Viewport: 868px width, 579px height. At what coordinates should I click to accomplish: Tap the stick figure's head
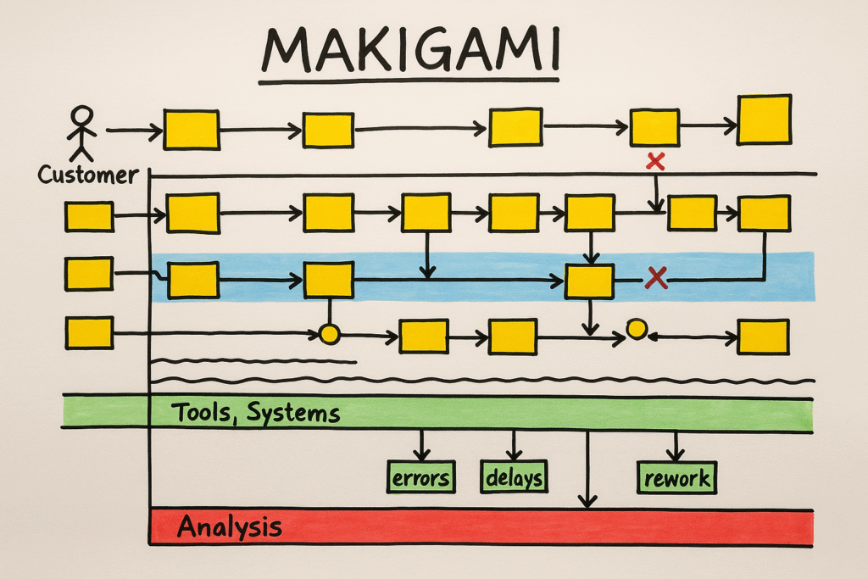click(81, 116)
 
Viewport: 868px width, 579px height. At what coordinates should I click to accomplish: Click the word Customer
click(87, 175)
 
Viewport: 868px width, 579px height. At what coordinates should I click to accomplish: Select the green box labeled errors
click(420, 477)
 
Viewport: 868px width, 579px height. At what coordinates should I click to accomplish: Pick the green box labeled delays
click(514, 477)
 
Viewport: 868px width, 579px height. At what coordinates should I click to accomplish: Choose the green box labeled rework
click(676, 477)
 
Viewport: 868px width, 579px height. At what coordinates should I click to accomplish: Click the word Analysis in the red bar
click(229, 527)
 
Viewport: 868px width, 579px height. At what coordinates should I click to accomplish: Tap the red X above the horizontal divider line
click(654, 161)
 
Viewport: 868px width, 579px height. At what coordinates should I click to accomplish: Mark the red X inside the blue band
click(654, 276)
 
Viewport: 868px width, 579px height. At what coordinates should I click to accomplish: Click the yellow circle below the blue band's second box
click(329, 335)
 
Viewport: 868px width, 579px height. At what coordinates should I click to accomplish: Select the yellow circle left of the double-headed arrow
click(636, 329)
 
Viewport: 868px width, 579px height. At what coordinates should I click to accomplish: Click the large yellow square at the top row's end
click(764, 119)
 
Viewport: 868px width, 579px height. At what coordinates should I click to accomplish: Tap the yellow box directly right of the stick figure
click(191, 130)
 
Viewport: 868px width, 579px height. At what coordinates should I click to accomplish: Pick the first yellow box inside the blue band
click(193, 281)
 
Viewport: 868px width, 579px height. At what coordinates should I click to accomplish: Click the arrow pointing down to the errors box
click(421, 445)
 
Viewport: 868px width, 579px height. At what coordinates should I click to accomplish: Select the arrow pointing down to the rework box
click(676, 445)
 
